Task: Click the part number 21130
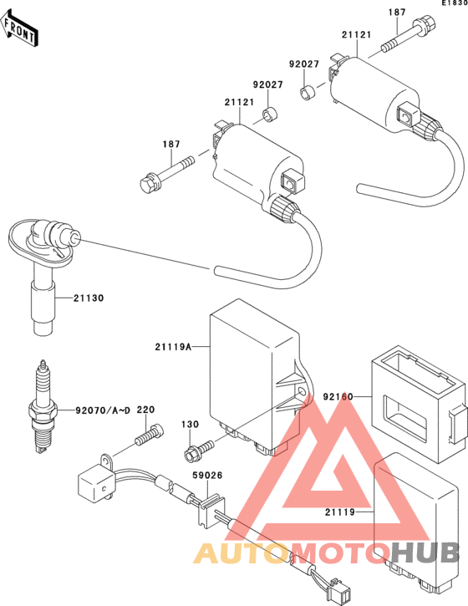[89, 298]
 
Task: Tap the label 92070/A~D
[103, 410]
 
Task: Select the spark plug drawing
[43, 406]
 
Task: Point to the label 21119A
[173, 347]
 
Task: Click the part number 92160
[338, 396]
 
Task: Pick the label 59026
[207, 475]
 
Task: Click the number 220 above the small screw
[145, 410]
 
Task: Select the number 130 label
[191, 425]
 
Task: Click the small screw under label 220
[149, 435]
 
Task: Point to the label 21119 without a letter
[339, 512]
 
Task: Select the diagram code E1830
[455, 3]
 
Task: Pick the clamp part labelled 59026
[211, 512]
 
